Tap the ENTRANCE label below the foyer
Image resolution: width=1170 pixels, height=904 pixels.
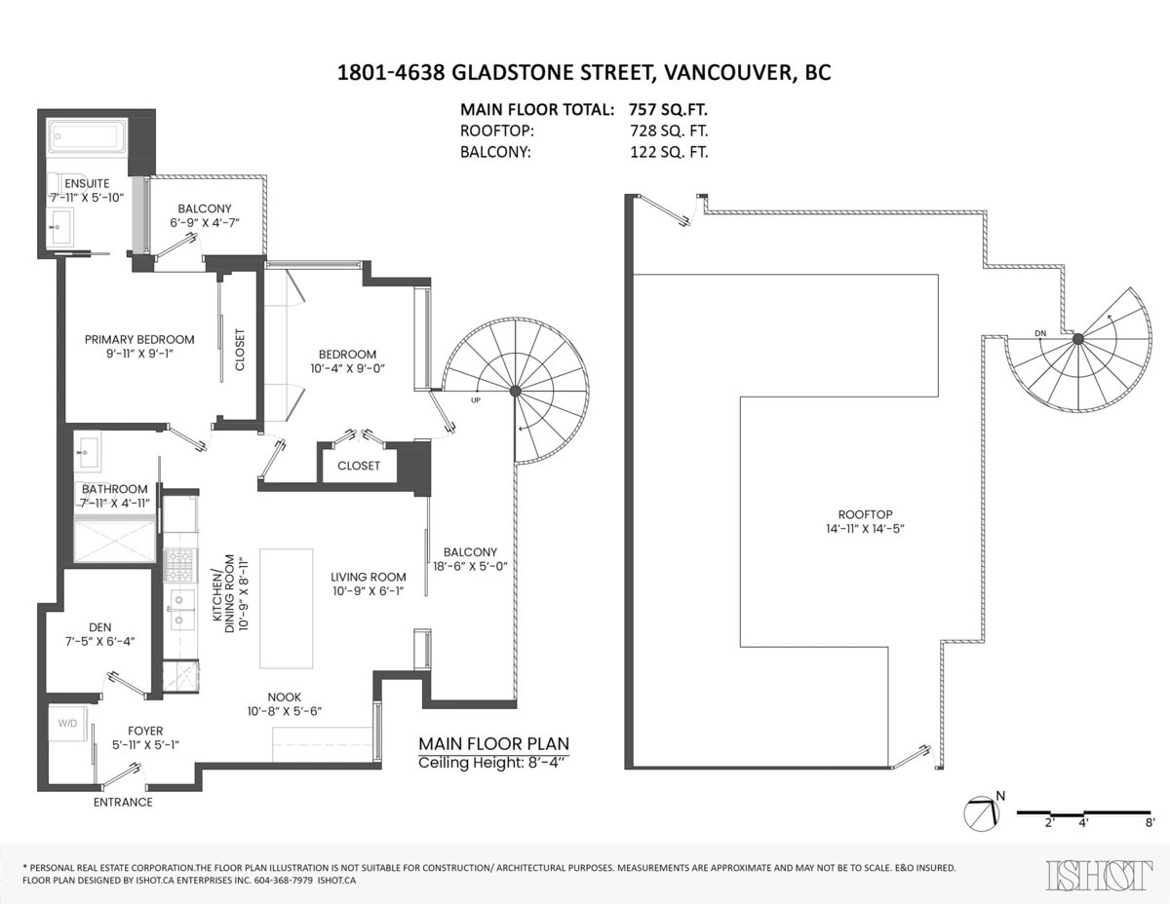click(x=123, y=802)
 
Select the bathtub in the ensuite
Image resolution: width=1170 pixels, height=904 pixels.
click(x=87, y=137)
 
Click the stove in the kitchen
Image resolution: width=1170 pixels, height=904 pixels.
click(x=178, y=564)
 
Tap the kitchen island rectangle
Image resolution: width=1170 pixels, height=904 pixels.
click(x=286, y=607)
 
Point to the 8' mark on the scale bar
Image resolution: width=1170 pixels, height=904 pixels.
click(x=1151, y=823)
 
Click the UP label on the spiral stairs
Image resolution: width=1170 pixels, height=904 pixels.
click(x=476, y=399)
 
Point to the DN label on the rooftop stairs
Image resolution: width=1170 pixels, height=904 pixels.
click(x=1040, y=334)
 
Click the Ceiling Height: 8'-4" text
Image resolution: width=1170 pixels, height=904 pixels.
click(x=491, y=762)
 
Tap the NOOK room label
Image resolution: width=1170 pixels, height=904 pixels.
click(x=285, y=697)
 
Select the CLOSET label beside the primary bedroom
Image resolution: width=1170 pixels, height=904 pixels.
click(x=240, y=350)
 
